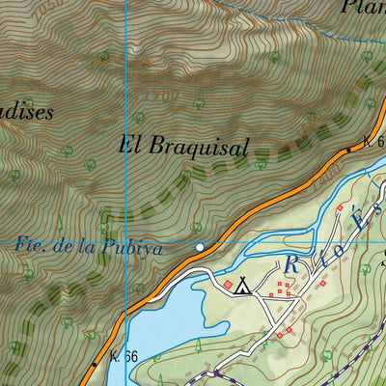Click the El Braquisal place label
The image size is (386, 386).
pyautogui.click(x=183, y=148)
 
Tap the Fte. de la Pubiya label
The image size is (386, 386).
pyautogui.click(x=89, y=247)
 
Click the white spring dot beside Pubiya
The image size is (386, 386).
pyautogui.click(x=199, y=248)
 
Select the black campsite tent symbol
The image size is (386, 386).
pyautogui.click(x=243, y=285)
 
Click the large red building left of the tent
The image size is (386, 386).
pyautogui.click(x=228, y=285)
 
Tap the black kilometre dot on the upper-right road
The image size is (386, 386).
pyautogui.click(x=348, y=151)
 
